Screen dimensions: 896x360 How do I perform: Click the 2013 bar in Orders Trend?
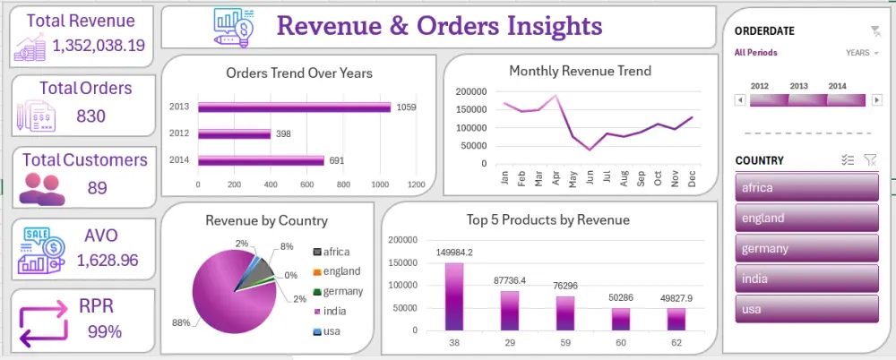pyautogui.click(x=294, y=107)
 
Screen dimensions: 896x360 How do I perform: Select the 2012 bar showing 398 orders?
pyautogui.click(x=234, y=133)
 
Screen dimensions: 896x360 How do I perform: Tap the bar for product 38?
pyautogui.click(x=454, y=296)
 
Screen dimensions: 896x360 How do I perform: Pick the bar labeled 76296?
pyautogui.click(x=565, y=313)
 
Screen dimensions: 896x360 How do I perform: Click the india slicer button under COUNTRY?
pyautogui.click(x=807, y=279)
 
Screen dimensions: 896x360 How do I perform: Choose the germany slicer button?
pyautogui.click(x=807, y=249)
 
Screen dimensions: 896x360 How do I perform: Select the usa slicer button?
pyautogui.click(x=807, y=309)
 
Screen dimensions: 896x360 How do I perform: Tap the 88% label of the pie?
pyautogui.click(x=181, y=323)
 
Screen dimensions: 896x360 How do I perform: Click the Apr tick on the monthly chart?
pyautogui.click(x=556, y=178)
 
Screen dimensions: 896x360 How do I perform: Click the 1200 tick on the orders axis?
pyautogui.click(x=416, y=184)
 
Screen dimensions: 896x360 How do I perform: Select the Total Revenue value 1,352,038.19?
pyautogui.click(x=99, y=46)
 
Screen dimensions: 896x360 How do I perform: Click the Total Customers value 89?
pyautogui.click(x=97, y=187)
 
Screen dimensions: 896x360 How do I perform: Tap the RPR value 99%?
pyautogui.click(x=105, y=331)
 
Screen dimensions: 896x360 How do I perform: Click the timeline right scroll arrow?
pyautogui.click(x=877, y=100)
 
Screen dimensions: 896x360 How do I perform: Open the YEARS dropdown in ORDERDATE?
pyautogui.click(x=862, y=53)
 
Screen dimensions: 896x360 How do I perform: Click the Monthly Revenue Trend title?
pyautogui.click(x=580, y=71)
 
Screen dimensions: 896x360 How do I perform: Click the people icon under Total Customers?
pyautogui.click(x=42, y=190)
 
